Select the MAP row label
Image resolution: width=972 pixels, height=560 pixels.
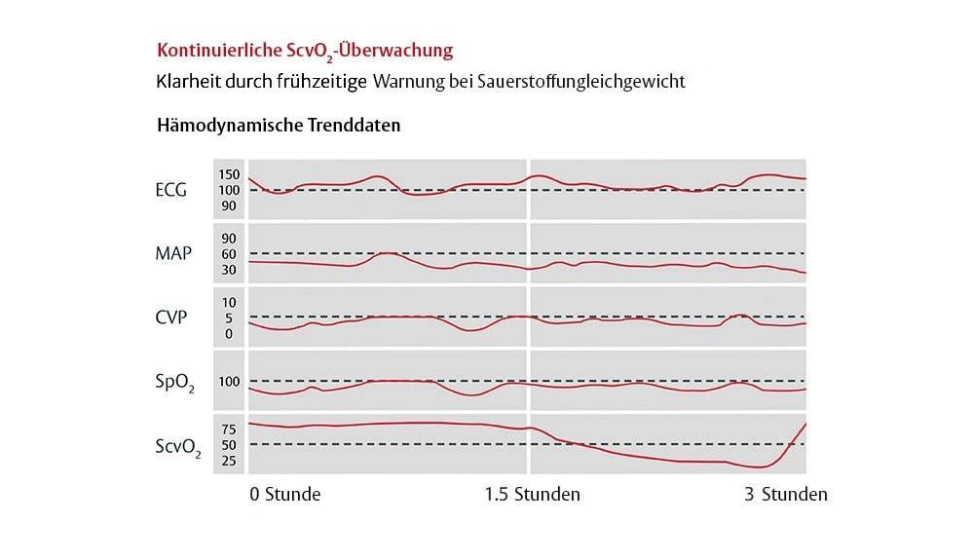(172, 253)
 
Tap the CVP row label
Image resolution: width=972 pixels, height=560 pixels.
(171, 317)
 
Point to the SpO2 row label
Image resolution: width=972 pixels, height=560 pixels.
(173, 382)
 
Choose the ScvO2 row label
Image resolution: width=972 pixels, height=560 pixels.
(177, 446)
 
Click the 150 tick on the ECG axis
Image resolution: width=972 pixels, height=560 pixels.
(229, 174)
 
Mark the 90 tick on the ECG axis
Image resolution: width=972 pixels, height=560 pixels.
(229, 205)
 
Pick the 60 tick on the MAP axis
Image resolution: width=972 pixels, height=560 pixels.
(229, 254)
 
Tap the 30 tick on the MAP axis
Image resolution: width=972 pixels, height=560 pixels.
(229, 270)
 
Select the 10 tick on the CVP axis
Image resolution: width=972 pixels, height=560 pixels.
(229, 303)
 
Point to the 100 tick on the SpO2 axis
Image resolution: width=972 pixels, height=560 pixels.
(229, 382)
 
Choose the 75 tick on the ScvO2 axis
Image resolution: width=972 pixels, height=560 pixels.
(229, 429)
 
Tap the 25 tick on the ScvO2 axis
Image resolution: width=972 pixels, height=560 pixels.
(229, 461)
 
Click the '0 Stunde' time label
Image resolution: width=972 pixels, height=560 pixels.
(284, 495)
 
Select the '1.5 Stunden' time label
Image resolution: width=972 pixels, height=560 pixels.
(532, 495)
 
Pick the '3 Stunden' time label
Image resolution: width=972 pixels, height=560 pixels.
(786, 495)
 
